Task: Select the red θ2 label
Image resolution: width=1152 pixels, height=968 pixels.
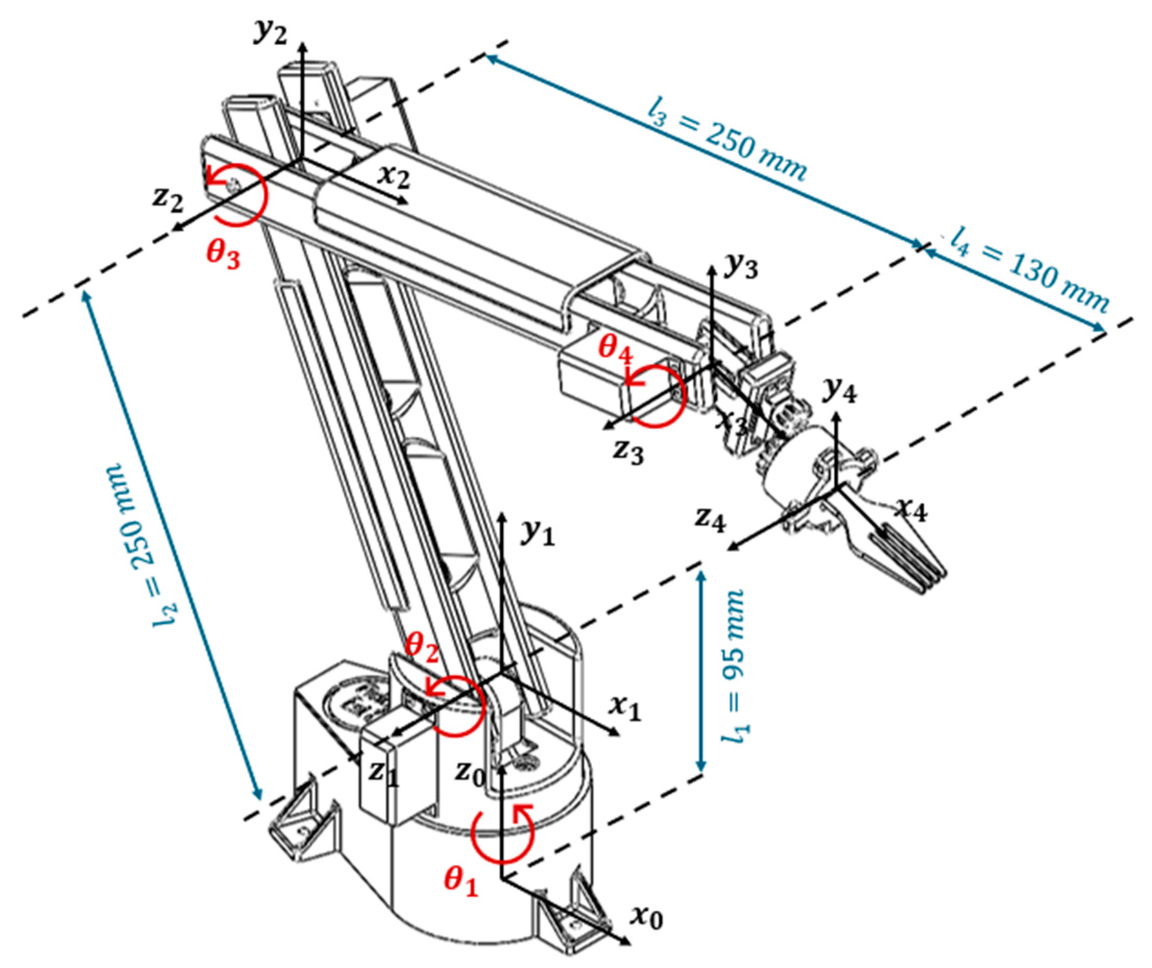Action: (x=423, y=648)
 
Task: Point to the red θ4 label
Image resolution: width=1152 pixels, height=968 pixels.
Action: (x=616, y=348)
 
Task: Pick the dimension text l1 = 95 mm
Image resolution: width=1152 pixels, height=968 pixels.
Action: (x=733, y=667)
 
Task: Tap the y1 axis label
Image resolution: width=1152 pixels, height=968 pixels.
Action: (x=538, y=533)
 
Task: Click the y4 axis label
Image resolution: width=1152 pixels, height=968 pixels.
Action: (x=840, y=390)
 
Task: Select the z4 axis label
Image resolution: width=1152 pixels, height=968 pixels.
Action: (x=710, y=519)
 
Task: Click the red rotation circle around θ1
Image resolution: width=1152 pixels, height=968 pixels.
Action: (x=502, y=834)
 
